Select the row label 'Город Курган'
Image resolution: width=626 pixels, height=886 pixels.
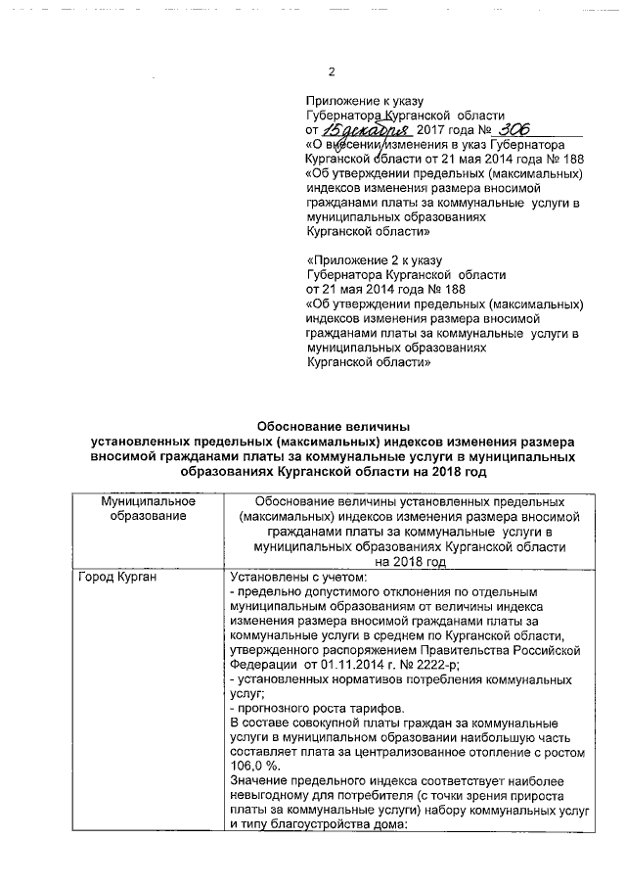(x=120, y=578)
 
